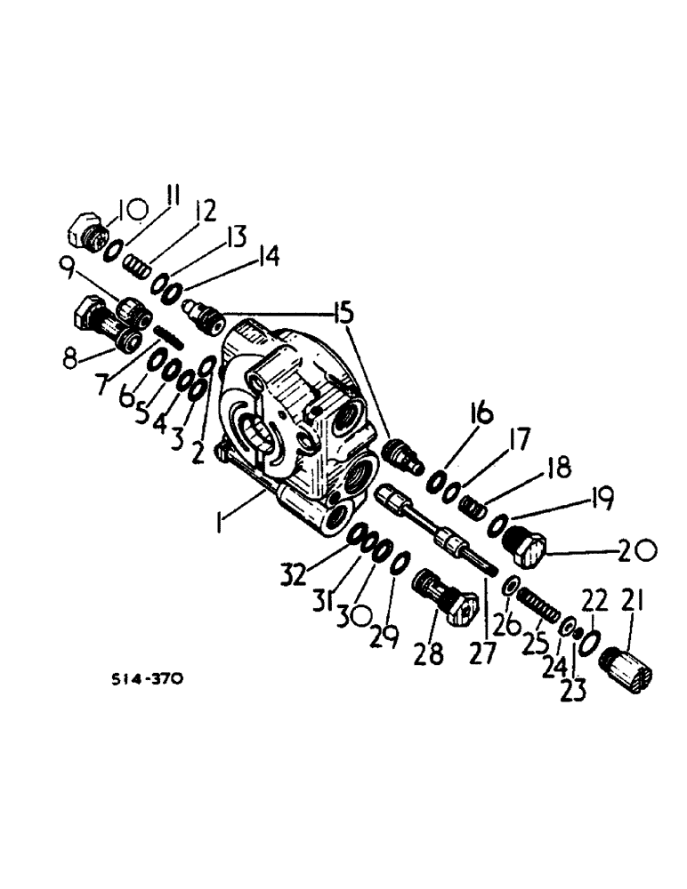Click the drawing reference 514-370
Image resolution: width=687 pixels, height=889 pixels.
pos(149,679)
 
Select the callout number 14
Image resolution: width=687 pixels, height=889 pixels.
pos(267,258)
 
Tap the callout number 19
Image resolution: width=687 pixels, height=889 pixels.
pos(602,501)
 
